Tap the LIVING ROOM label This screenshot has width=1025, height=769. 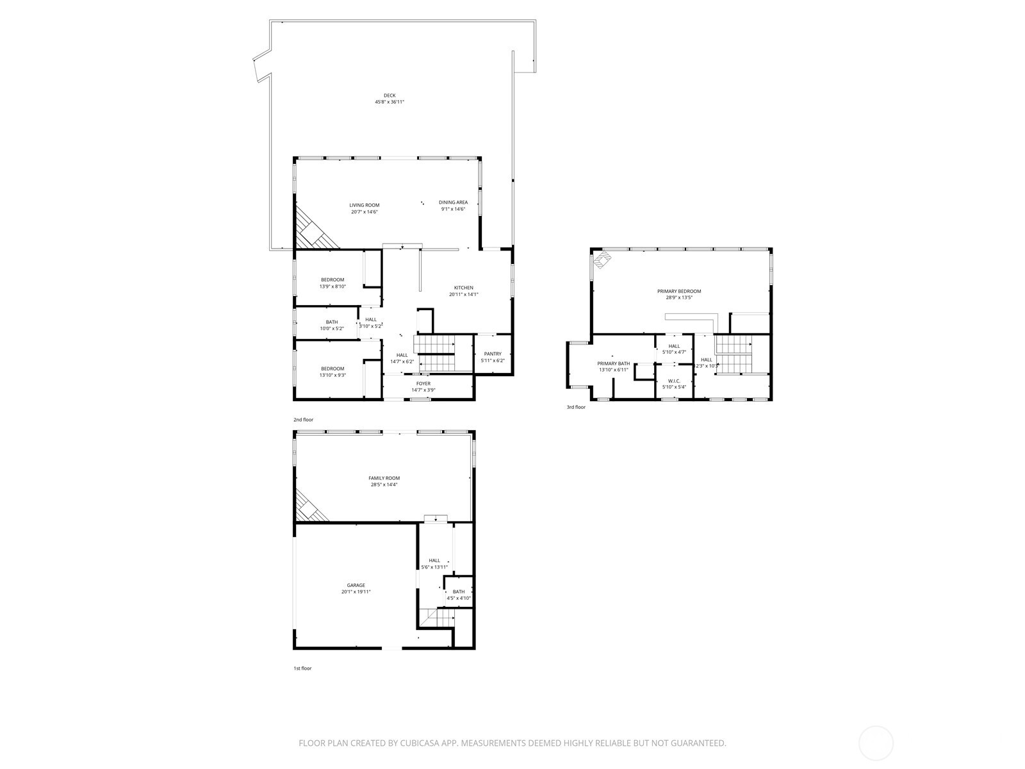365,205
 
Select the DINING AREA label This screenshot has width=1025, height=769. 453,203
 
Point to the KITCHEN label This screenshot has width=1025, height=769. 464,288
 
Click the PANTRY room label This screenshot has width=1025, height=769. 493,354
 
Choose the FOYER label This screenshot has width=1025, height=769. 423,383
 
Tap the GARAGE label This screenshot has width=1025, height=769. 356,585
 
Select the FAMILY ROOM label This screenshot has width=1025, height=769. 384,478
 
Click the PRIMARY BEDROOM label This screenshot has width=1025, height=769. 679,291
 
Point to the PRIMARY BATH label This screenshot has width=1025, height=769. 614,363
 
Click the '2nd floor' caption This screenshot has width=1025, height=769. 304,420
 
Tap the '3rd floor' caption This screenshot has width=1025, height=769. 575,407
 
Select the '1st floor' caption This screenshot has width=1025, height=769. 302,668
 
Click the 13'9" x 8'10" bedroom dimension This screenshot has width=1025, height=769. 332,286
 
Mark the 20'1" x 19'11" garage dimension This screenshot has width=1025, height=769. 356,592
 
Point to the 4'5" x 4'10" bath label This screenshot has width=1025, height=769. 459,599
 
